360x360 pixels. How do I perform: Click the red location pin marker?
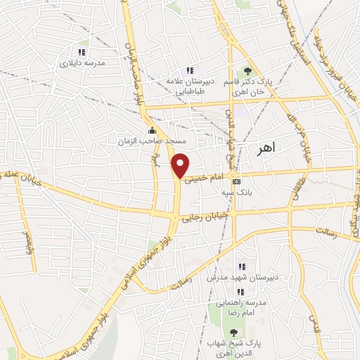pos(181,165)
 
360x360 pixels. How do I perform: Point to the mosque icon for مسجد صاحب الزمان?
pos(152,131)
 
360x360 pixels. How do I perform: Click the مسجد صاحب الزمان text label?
pos(144,141)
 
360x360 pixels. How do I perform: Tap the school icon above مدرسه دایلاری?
pos(82,52)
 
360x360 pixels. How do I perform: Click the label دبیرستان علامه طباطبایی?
pos(189,84)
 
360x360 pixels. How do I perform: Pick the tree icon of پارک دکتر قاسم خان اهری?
pos(247,70)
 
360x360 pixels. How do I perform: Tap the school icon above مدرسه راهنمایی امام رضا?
pos(241,291)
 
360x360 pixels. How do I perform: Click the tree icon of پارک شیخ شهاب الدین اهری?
pos(234,332)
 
